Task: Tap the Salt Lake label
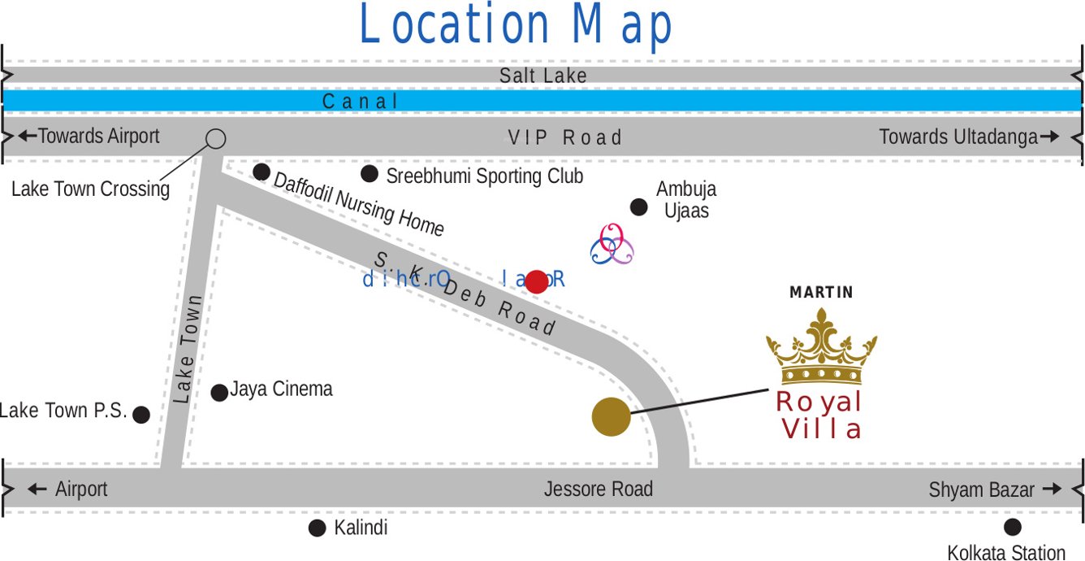[x=542, y=76]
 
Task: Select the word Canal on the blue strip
[x=361, y=102]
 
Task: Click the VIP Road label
[x=565, y=137]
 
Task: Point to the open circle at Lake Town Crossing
[x=215, y=138]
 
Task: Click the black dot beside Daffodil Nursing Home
[x=262, y=172]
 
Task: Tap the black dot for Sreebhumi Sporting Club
[x=370, y=173]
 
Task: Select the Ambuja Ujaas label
[x=686, y=200]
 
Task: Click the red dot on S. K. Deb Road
[x=537, y=281]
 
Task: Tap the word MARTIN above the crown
[x=821, y=292]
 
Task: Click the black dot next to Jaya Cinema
[x=219, y=393]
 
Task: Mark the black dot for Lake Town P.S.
[x=141, y=415]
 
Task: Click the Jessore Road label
[x=598, y=489]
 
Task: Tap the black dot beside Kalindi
[x=318, y=528]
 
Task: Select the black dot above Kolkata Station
[x=1012, y=527]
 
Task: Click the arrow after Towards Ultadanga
[x=1049, y=137]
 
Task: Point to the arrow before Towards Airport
[x=27, y=136]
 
